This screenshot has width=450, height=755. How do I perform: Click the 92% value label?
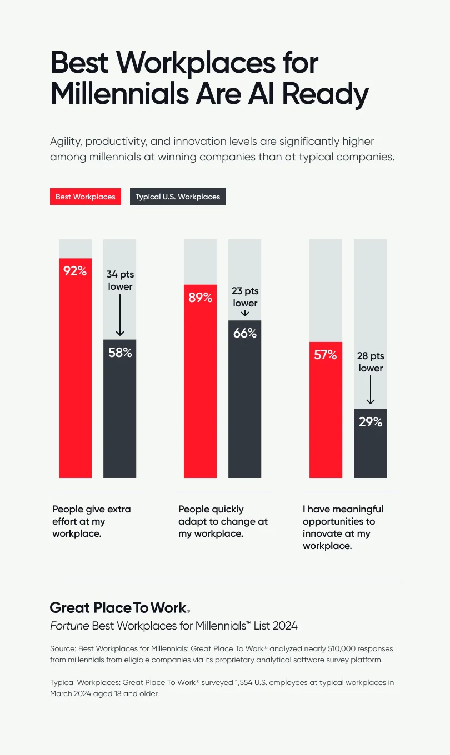(x=75, y=271)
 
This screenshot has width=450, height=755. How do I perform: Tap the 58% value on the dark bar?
(x=120, y=352)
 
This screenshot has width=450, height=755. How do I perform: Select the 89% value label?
(x=200, y=298)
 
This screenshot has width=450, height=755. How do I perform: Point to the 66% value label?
(x=244, y=333)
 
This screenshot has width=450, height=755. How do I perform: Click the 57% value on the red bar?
(x=326, y=355)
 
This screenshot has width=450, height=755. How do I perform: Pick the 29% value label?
(x=370, y=422)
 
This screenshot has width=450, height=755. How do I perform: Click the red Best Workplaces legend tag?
(x=86, y=197)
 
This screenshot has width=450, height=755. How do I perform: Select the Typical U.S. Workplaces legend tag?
(x=178, y=197)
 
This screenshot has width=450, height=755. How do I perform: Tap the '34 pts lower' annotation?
(x=120, y=280)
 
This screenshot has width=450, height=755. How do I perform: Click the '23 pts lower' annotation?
(x=245, y=297)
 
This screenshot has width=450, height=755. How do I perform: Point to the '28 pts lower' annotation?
(x=371, y=362)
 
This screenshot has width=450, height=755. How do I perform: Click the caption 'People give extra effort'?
(x=92, y=521)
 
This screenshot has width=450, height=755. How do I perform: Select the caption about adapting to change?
(x=223, y=521)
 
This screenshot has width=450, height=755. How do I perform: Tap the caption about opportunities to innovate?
(x=343, y=527)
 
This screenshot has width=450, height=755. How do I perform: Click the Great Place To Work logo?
(x=120, y=607)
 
